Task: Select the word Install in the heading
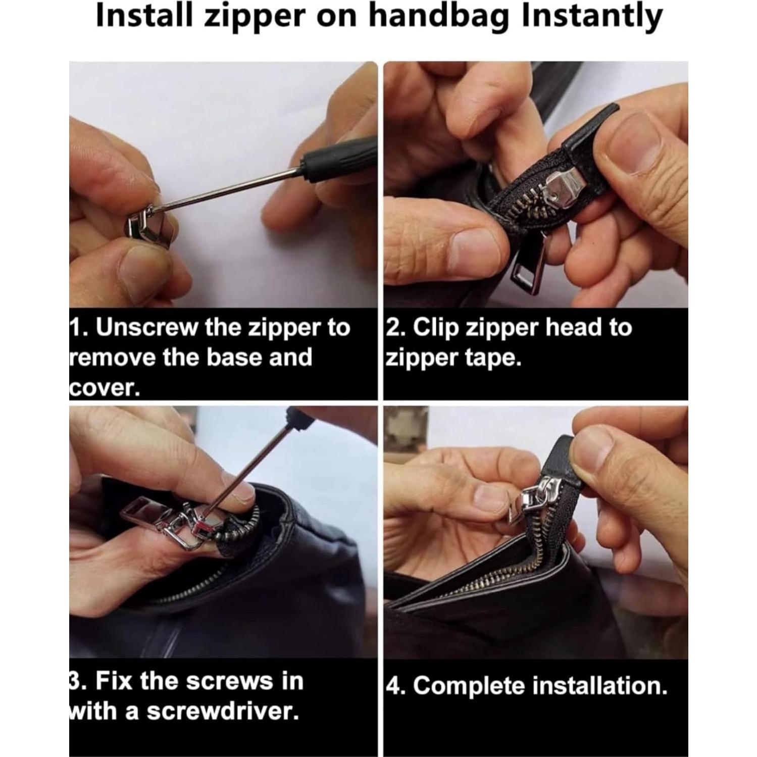pos(143,16)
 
